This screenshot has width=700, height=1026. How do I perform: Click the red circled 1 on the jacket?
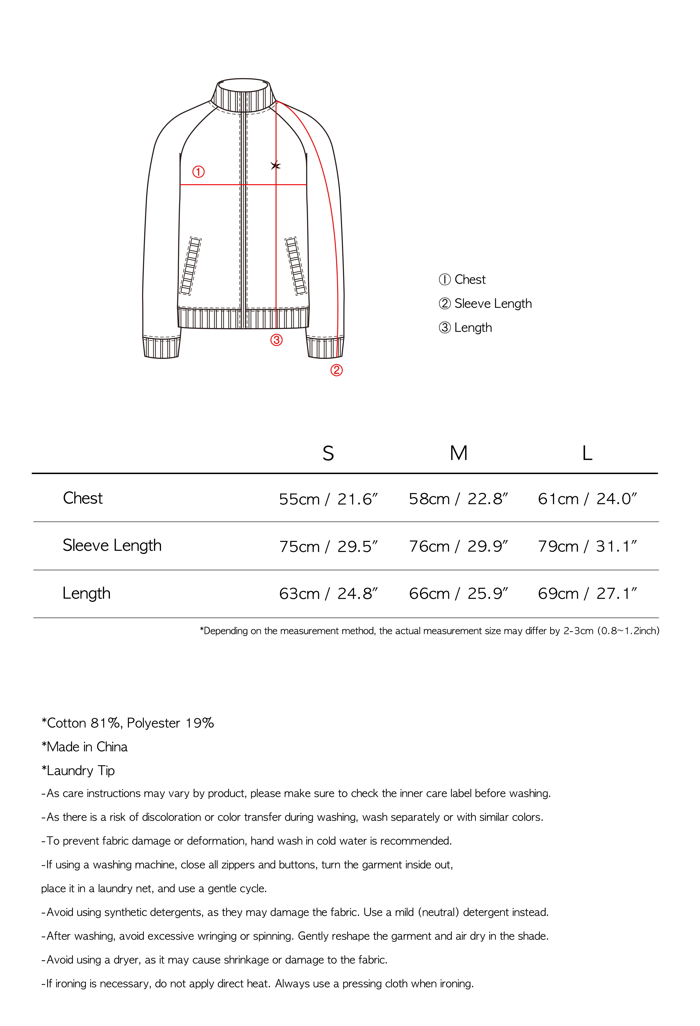pyautogui.click(x=198, y=172)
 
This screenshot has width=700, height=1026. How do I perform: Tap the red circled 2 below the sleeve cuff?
pyautogui.click(x=336, y=370)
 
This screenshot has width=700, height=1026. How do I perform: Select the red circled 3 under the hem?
pyautogui.click(x=276, y=340)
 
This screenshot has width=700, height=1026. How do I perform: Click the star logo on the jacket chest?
pyautogui.click(x=276, y=166)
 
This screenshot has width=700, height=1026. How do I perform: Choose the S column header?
pyautogui.click(x=328, y=453)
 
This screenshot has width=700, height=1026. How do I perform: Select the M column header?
pyautogui.click(x=458, y=453)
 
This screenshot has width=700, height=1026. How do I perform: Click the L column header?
pyautogui.click(x=587, y=453)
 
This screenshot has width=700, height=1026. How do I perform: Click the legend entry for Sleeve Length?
pyautogui.click(x=485, y=304)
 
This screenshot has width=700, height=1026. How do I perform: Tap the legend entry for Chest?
pyautogui.click(x=462, y=279)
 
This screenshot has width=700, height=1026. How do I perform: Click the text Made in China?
pyautogui.click(x=84, y=747)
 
